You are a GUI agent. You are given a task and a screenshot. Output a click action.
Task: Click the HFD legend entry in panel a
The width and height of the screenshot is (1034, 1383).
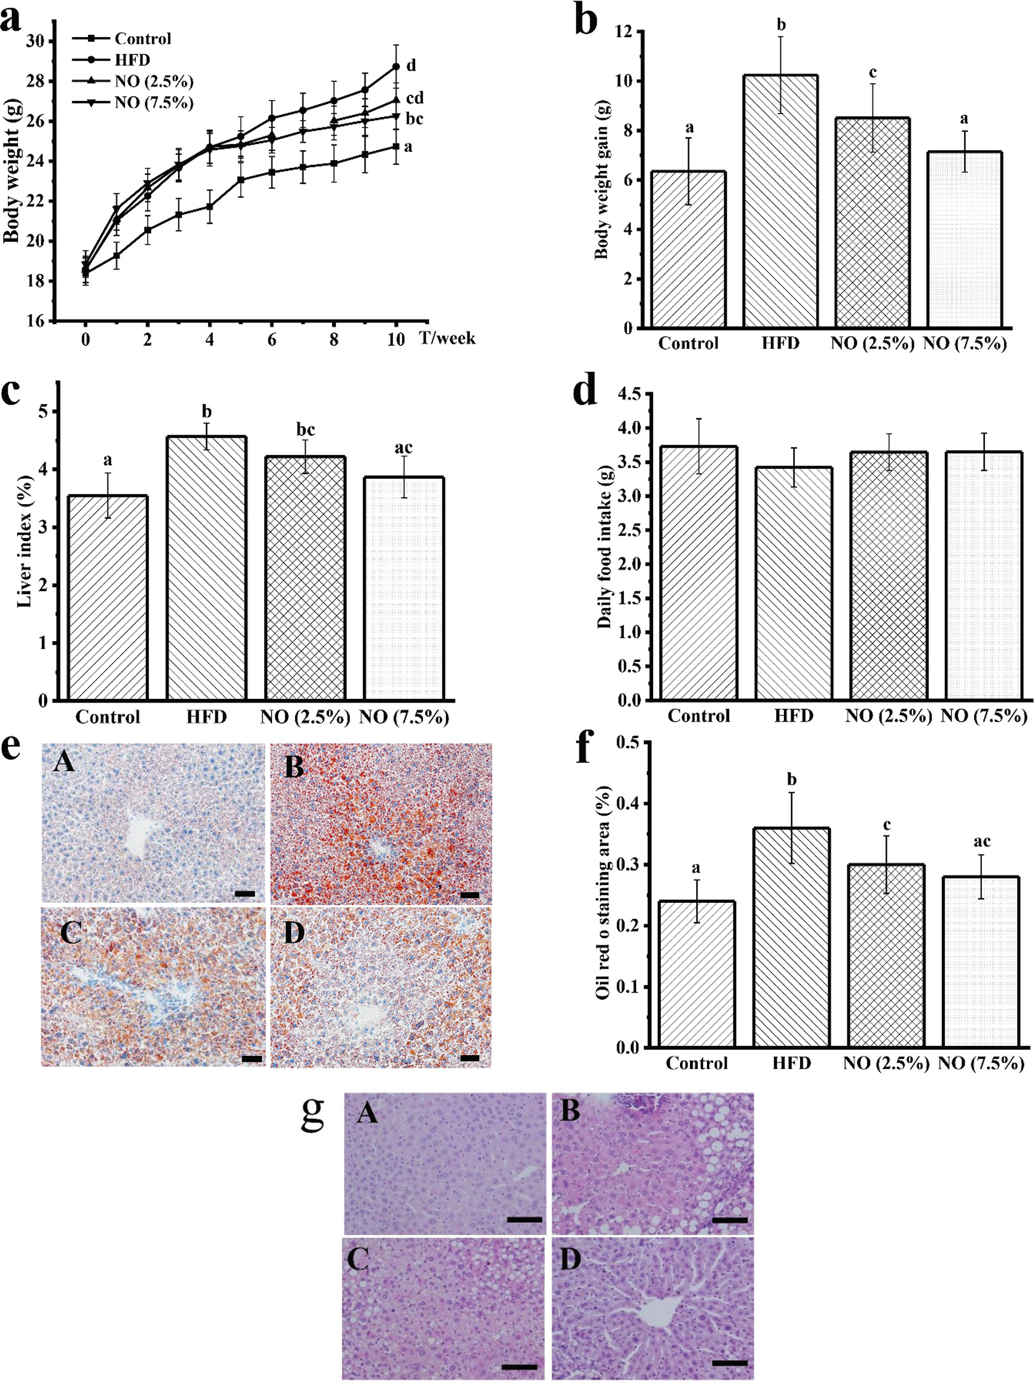(x=132, y=60)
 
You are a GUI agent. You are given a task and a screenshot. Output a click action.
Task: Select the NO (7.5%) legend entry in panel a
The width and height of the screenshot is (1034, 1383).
(x=153, y=102)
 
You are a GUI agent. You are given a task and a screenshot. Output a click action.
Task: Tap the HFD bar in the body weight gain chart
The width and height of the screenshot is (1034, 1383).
(x=780, y=201)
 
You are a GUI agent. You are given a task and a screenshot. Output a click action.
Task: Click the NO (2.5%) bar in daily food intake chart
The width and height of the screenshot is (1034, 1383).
(x=888, y=575)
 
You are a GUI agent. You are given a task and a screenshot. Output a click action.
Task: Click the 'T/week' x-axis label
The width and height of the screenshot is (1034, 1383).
(x=447, y=338)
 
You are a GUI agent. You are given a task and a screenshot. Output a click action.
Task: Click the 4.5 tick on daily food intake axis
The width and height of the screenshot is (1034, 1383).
(x=630, y=394)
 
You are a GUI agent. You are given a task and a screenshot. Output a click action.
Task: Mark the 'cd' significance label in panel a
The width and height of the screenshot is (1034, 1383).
(x=414, y=97)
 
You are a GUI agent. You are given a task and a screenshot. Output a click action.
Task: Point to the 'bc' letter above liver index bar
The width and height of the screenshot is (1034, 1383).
(x=305, y=429)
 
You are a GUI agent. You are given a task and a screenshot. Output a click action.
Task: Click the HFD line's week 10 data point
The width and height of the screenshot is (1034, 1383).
(x=396, y=66)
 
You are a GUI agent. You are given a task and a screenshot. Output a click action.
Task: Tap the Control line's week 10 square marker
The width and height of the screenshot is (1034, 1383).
(x=396, y=146)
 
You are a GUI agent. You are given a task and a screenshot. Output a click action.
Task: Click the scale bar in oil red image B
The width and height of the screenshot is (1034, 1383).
(x=469, y=894)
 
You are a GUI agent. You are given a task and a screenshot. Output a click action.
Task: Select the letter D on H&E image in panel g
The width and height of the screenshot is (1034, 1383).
(x=570, y=1260)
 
